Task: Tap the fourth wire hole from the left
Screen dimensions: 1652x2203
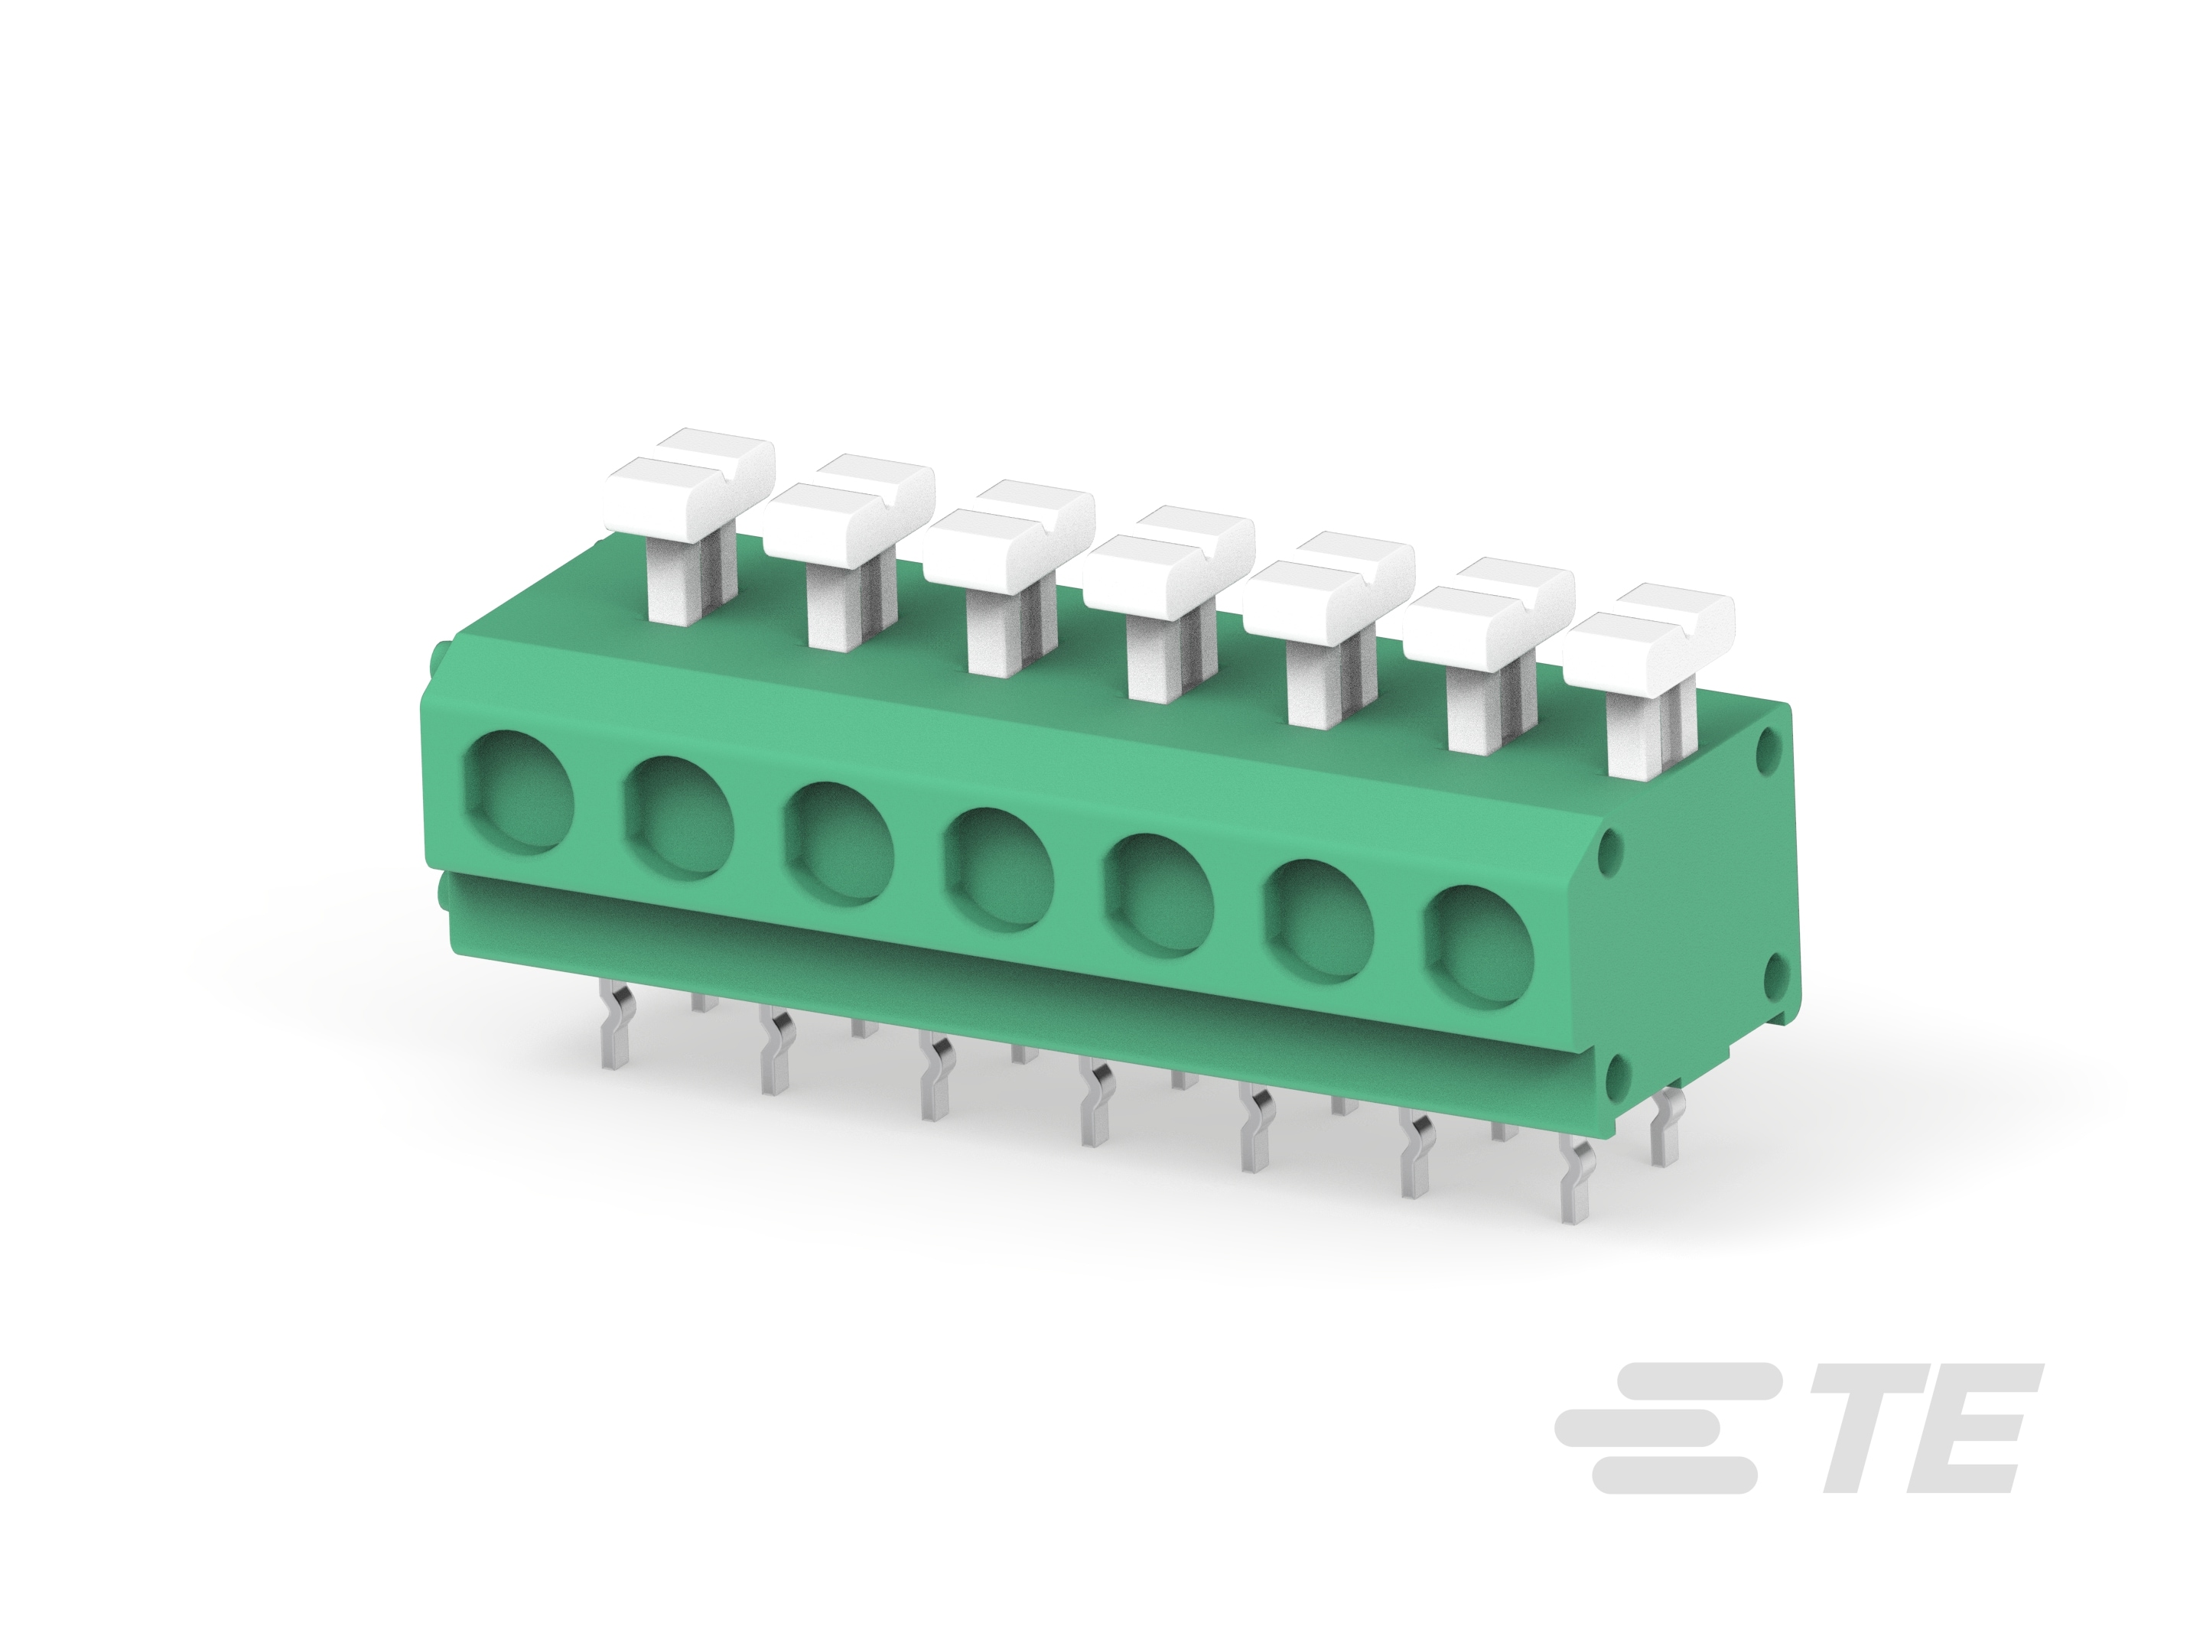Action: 999,867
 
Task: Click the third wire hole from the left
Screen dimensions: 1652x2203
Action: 838,841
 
